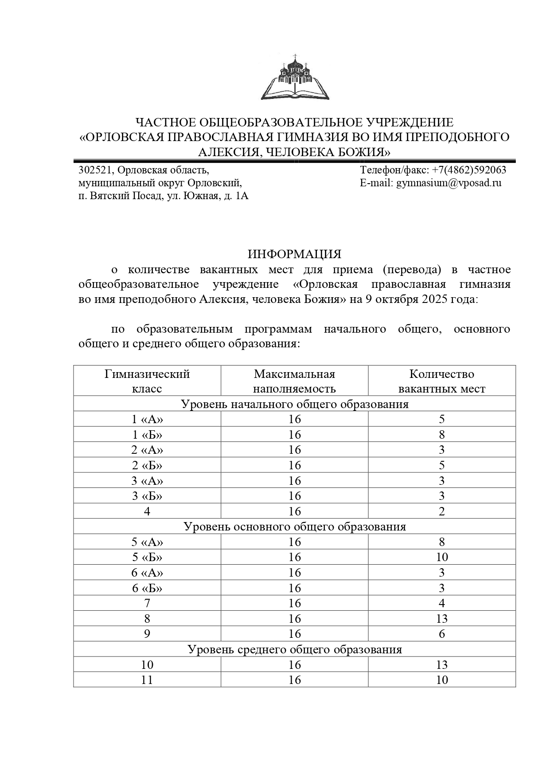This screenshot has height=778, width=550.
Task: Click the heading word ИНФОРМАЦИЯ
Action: [294, 254]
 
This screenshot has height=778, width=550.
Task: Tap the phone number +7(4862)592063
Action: [469, 170]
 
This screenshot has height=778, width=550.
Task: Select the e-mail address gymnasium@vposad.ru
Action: [449, 183]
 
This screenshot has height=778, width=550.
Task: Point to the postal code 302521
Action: [95, 170]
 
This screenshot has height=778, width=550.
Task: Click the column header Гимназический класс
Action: [147, 381]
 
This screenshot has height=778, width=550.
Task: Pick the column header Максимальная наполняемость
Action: [294, 381]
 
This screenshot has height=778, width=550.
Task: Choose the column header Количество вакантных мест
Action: [441, 381]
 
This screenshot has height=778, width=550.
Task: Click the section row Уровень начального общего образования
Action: [294, 404]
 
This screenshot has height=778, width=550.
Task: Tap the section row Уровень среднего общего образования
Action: [294, 649]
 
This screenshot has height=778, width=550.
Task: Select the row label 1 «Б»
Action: [147, 435]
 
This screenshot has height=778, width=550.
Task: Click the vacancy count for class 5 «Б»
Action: [441, 557]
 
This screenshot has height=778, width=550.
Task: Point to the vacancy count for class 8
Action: [441, 619]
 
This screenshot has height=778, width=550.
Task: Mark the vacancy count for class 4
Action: [441, 511]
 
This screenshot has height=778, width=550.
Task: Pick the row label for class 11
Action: [147, 680]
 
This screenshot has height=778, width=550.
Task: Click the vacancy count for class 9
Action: [441, 634]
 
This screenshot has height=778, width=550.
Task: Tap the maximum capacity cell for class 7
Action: [294, 603]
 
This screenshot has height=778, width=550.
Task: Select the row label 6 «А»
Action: [147, 573]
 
